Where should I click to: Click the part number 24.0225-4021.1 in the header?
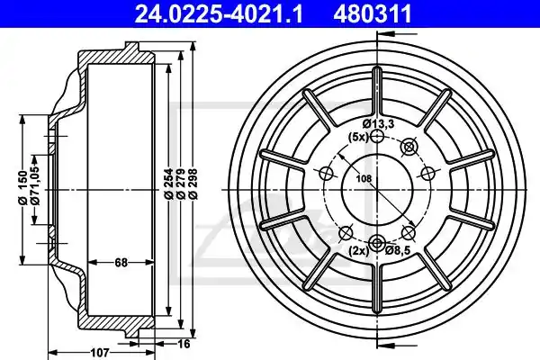coord(219,13)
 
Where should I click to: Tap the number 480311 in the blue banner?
coord(373,13)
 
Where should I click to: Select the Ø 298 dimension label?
coord(193,184)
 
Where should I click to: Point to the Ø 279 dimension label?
coord(181,184)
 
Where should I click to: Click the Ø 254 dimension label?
coord(168,184)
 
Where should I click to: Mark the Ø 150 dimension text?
coord(22,187)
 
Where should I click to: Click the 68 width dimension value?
coord(121,263)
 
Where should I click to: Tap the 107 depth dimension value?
coord(100,353)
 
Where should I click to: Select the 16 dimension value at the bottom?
coord(184,344)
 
